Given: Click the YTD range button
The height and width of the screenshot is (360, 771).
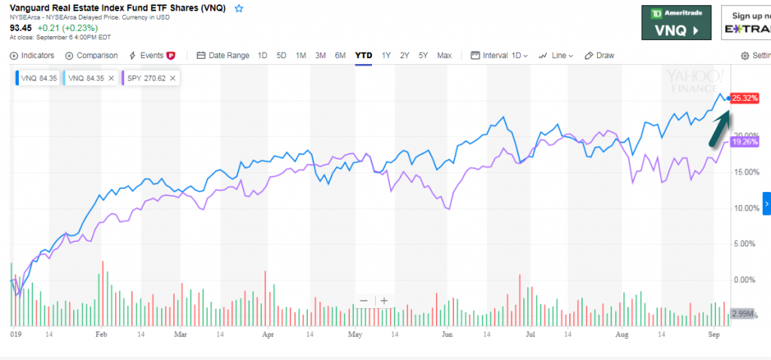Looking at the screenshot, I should point(364,55).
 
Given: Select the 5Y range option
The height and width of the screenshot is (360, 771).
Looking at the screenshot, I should point(423,55).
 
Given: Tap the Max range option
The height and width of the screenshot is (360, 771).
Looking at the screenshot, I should point(444,55).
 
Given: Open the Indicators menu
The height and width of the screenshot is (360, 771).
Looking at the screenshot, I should point(32,55).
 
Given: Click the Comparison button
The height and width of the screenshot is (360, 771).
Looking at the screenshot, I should point(92,55).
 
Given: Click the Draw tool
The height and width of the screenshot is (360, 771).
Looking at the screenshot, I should point(600,55).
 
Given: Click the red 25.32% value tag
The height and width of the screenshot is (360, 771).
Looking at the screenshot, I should point(744,98).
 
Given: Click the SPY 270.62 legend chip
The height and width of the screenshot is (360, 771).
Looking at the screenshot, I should point(148,77).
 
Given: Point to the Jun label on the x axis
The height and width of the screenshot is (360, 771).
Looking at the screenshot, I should point(447,332).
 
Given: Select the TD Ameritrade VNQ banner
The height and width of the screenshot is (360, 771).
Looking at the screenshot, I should point(675,23).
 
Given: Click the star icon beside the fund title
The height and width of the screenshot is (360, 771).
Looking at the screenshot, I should point(239,8).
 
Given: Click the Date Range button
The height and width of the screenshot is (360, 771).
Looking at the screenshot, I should point(223,55).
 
